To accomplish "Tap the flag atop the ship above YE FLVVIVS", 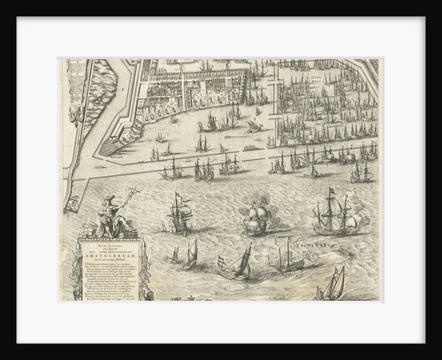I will pyautogui.click(x=331, y=192).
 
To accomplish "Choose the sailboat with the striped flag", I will pyautogui.click(x=238, y=263).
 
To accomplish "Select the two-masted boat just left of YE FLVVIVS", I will pyautogui.click(x=288, y=256).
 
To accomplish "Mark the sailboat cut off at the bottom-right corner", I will pyautogui.click(x=333, y=285).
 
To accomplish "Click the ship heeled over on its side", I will pyautogui.click(x=255, y=126).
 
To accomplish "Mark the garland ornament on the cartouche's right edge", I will pyautogui.click(x=141, y=271).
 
